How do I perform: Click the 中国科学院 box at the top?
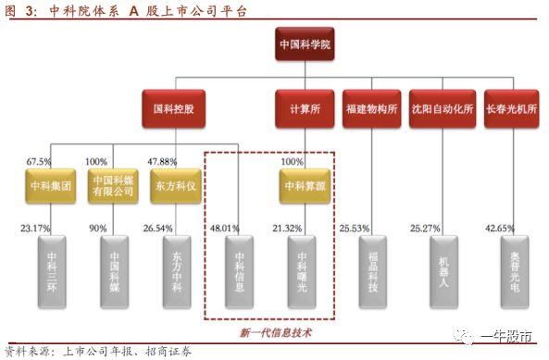pos(306,44)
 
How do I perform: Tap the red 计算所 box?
pos(305,107)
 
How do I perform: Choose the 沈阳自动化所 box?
pos(443,107)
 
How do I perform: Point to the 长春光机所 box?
pos(511,107)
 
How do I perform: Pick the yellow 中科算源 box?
pos(305,184)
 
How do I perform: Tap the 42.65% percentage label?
pos(499,228)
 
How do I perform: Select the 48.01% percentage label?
pos(226,228)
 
